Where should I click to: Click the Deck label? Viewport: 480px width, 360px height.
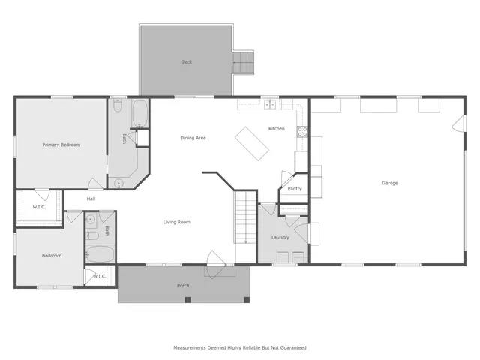[x=186, y=62]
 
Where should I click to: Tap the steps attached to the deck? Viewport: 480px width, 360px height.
[x=244, y=62]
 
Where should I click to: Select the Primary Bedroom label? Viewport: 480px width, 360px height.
[x=61, y=145]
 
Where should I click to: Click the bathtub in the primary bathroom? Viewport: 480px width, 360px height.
[x=140, y=113]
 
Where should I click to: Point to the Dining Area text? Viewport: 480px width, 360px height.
[x=193, y=138]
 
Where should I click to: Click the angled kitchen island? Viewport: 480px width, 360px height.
[x=252, y=142]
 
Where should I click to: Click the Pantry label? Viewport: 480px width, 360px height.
[x=295, y=189]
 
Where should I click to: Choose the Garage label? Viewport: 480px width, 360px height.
[x=389, y=183]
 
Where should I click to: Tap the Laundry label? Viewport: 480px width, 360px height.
[x=280, y=238]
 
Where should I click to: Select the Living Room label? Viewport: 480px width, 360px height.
[x=177, y=222]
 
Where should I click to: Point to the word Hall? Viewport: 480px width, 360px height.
[x=91, y=199]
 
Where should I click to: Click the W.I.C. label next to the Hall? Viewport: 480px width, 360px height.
[x=39, y=207]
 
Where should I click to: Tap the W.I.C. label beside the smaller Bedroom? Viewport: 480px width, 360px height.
[x=100, y=277]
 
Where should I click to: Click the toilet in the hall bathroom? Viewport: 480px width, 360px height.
[x=91, y=220]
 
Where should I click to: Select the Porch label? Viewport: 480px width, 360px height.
[x=183, y=286]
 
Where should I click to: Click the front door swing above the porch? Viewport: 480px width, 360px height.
[x=214, y=257]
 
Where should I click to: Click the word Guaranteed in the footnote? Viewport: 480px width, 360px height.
[x=292, y=348]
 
